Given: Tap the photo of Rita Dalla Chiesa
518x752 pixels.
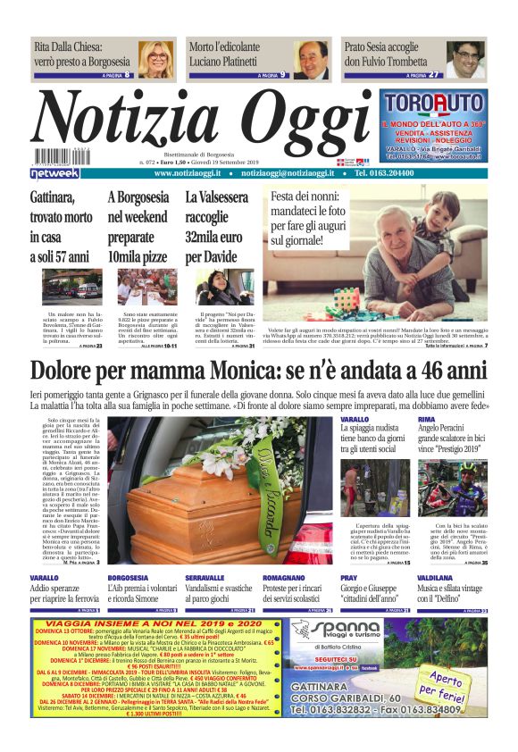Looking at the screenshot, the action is (157, 59).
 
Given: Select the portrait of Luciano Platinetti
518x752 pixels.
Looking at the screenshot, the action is (313, 59).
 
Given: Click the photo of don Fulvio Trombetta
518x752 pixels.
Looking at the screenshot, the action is (465, 59).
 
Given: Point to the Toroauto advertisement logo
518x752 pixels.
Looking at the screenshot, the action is (434, 104).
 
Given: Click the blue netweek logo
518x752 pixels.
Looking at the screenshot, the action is (55, 173).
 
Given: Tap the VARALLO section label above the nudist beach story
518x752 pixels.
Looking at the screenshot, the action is (355, 419).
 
